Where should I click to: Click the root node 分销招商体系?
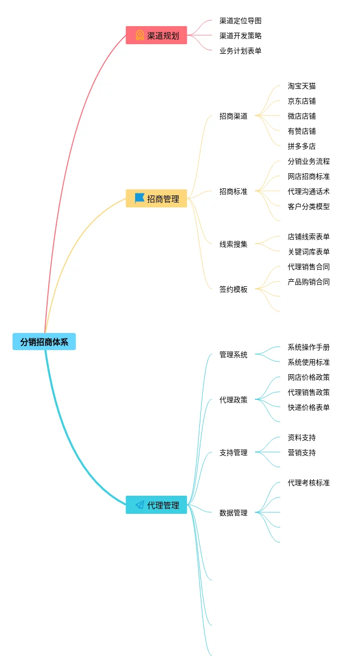pyautogui.click(x=44, y=342)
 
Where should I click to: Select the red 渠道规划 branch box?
pyautogui.click(x=156, y=36)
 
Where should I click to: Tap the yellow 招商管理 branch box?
pyautogui.click(x=156, y=199)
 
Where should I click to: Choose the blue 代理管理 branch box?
pyautogui.click(x=156, y=505)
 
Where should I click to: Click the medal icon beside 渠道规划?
pyautogui.click(x=140, y=36)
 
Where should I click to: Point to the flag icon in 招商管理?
pyautogui.click(x=140, y=198)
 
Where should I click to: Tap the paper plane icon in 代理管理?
pyautogui.click(x=140, y=505)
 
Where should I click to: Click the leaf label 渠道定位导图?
pyautogui.click(x=241, y=21)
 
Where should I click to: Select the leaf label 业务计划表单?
pyautogui.click(x=241, y=51)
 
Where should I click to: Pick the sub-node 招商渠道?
pyautogui.click(x=233, y=116)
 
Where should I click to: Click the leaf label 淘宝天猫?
pyautogui.click(x=302, y=86)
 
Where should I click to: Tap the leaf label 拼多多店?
pyautogui.click(x=302, y=146)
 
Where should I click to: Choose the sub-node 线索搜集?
pyautogui.click(x=233, y=244)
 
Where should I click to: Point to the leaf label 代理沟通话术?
pyautogui.click(x=309, y=191)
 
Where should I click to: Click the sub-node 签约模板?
pyautogui.click(x=233, y=289)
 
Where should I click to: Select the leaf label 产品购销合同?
pyautogui.click(x=309, y=282)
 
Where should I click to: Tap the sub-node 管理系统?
pyautogui.click(x=233, y=355)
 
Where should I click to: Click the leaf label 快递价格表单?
pyautogui.click(x=309, y=407)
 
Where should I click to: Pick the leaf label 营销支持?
pyautogui.click(x=302, y=453)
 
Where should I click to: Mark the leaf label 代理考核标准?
pyautogui.click(x=309, y=483)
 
